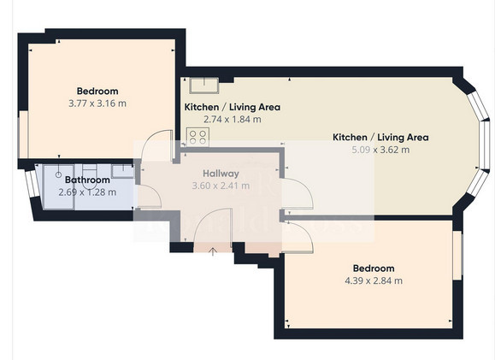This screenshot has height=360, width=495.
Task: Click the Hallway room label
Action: (x=221, y=174)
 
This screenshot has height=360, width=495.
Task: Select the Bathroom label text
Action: (x=87, y=180)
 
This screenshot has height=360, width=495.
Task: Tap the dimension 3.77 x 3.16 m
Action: (x=97, y=103)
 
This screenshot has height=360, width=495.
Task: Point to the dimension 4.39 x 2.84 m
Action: (x=374, y=280)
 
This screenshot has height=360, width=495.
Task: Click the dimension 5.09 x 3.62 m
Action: (x=380, y=150)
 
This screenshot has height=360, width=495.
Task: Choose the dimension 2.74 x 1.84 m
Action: (x=233, y=120)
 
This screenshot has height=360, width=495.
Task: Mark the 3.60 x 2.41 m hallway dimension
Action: (x=221, y=186)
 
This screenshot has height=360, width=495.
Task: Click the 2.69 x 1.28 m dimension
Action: (x=87, y=192)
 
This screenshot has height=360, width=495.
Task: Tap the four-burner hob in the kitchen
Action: (x=197, y=137)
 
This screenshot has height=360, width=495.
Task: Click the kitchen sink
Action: (x=204, y=86)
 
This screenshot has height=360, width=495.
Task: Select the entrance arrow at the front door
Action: (x=213, y=251)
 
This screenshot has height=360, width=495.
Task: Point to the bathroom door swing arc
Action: (x=155, y=191)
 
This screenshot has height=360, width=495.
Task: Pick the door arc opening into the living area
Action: (x=304, y=186)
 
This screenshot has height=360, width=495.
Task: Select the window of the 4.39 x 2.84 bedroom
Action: (x=457, y=255)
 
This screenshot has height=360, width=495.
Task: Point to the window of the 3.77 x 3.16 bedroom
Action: (x=23, y=134)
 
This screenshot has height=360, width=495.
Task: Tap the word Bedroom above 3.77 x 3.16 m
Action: (x=97, y=91)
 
